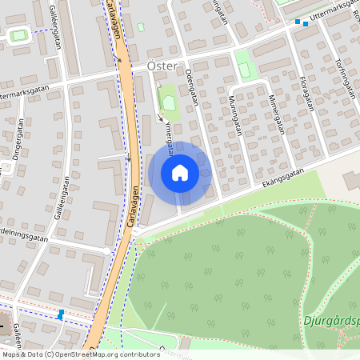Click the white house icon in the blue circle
[x=180, y=173]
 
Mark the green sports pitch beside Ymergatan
[x=169, y=102]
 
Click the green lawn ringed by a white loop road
[x=18, y=35]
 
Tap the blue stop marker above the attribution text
[x=61, y=314]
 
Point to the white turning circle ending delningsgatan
[x=107, y=250]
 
